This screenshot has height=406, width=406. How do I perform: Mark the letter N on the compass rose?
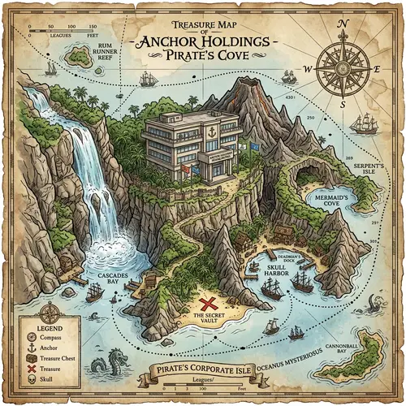coord(343,25)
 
